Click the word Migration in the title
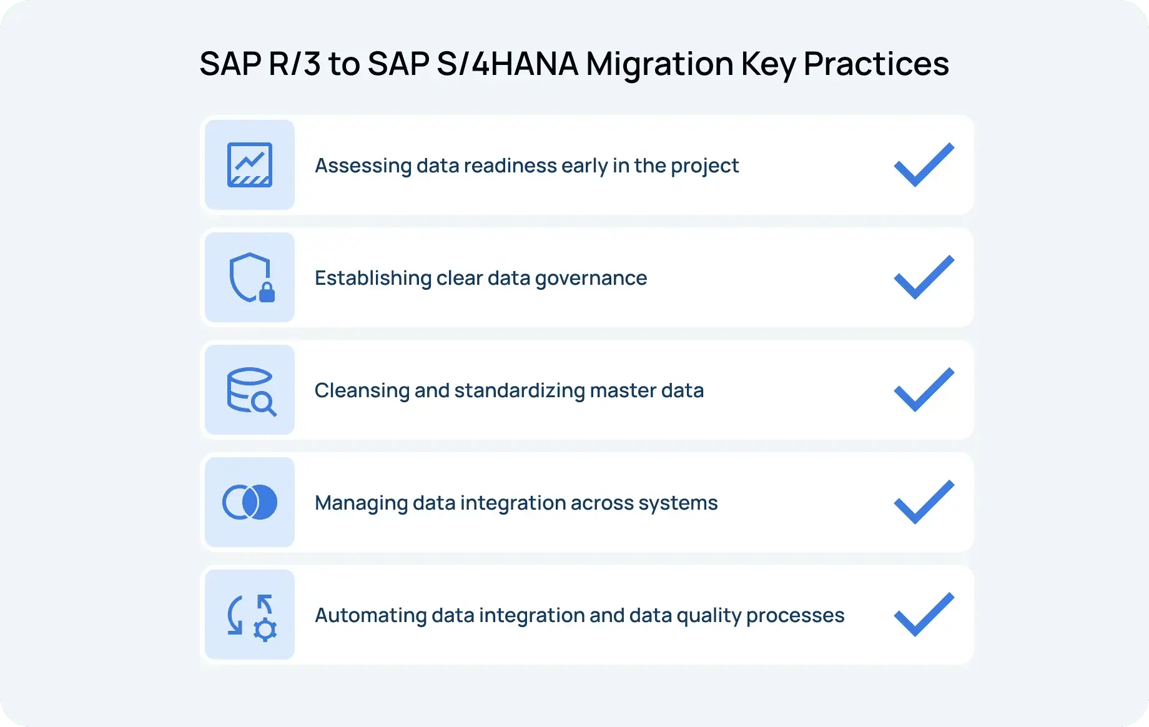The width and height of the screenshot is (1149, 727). pyautogui.click(x=659, y=64)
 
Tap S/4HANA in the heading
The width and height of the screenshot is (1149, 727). pyautogui.click(x=507, y=64)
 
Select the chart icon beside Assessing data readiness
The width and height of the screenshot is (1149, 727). pyautogui.click(x=250, y=165)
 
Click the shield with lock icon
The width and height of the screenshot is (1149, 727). pyautogui.click(x=250, y=277)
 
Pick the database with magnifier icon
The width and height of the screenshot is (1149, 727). pyautogui.click(x=250, y=390)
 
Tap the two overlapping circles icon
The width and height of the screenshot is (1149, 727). pyautogui.click(x=250, y=502)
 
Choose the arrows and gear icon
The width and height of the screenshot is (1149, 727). pyautogui.click(x=250, y=615)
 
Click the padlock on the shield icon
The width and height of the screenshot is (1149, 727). pyautogui.click(x=267, y=292)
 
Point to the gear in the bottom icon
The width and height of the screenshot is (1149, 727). pyautogui.click(x=265, y=630)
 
